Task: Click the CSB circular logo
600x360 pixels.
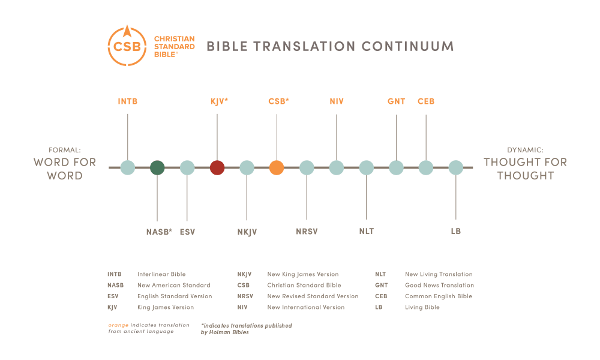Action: pyautogui.click(x=127, y=46)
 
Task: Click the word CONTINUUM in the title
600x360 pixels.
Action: pyautogui.click(x=407, y=46)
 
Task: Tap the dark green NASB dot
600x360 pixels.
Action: pyautogui.click(x=157, y=167)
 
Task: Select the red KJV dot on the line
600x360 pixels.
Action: pyautogui.click(x=217, y=167)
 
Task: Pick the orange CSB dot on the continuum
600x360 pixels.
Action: pyautogui.click(x=277, y=167)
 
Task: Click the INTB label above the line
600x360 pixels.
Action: pyautogui.click(x=127, y=101)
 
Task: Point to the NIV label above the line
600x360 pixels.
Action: pyautogui.click(x=337, y=101)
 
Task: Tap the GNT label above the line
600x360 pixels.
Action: pyautogui.click(x=396, y=101)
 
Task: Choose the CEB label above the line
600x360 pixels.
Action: pyautogui.click(x=426, y=101)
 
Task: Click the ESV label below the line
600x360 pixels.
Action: pyautogui.click(x=187, y=232)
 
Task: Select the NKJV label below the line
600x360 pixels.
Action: pyautogui.click(x=247, y=232)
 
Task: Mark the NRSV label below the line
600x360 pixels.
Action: pyautogui.click(x=307, y=232)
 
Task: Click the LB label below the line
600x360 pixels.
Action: pyautogui.click(x=456, y=231)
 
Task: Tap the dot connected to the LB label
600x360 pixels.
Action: pyautogui.click(x=456, y=167)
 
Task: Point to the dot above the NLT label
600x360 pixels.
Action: pyautogui.click(x=366, y=167)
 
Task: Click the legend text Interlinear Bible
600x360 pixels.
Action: pyautogui.click(x=161, y=274)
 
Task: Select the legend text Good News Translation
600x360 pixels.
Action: pyautogui.click(x=439, y=285)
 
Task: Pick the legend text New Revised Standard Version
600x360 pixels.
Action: pyautogui.click(x=313, y=296)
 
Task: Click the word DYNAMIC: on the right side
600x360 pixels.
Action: pyautogui.click(x=525, y=150)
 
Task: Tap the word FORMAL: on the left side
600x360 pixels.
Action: pyautogui.click(x=65, y=150)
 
